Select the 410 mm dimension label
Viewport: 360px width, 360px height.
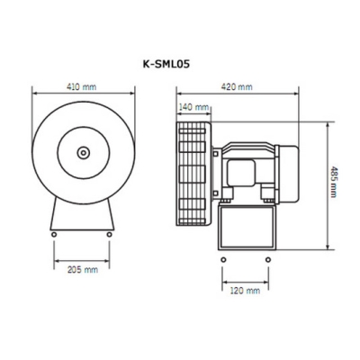tap(82, 88)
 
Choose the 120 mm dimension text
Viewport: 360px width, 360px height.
tap(244, 290)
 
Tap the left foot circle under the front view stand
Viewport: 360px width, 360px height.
tap(56, 235)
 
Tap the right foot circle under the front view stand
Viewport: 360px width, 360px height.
tap(111, 235)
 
